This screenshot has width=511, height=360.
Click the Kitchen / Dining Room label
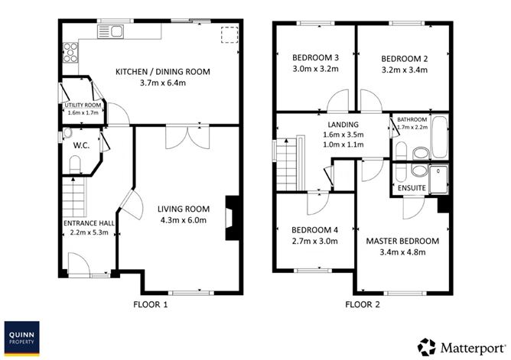pyautogui.click(x=162, y=72)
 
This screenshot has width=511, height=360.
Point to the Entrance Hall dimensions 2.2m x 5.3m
pyautogui.click(x=87, y=233)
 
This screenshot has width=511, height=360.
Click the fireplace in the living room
pyautogui.click(x=230, y=219)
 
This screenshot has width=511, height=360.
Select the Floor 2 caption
pyautogui.click(x=363, y=304)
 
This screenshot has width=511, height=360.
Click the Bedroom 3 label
pyautogui.click(x=315, y=58)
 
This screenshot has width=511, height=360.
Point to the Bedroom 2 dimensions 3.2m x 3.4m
pyautogui.click(x=403, y=70)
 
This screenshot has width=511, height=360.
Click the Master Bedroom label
pyautogui.click(x=402, y=242)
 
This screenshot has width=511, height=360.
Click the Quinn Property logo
pyautogui.click(x=24, y=339)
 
